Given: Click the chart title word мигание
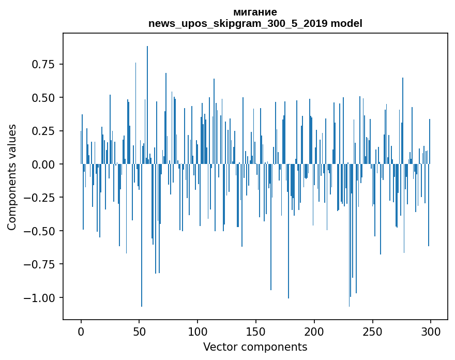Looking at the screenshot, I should point(255,12).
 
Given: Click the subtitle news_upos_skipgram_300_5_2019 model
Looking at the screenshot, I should point(255,23).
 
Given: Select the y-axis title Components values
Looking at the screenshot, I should point(12,177).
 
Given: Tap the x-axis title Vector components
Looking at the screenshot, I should point(255,347).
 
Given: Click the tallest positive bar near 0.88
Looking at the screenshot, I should point(147,103).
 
